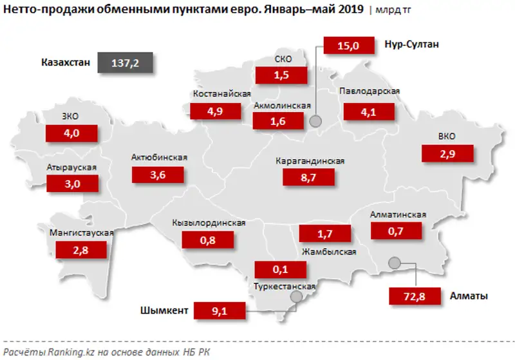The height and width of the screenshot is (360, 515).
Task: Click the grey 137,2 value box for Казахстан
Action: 123,62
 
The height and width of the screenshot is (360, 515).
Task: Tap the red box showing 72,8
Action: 415,296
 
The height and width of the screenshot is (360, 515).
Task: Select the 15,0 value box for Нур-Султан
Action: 349,45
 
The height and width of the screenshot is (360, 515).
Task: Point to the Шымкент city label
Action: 164,311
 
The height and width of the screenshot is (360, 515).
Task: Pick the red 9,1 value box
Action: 220,311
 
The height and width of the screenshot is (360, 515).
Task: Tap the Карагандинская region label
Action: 310,161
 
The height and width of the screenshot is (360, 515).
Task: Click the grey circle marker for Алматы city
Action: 395,262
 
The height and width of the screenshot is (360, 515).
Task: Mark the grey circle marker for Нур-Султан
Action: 315,120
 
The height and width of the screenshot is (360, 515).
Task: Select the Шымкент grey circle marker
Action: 295,297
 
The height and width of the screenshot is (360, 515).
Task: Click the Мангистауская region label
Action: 81,232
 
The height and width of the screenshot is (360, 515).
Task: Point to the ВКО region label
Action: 445,137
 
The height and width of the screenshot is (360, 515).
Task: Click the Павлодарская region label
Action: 370,91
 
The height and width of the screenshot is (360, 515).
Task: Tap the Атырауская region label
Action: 71,167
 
